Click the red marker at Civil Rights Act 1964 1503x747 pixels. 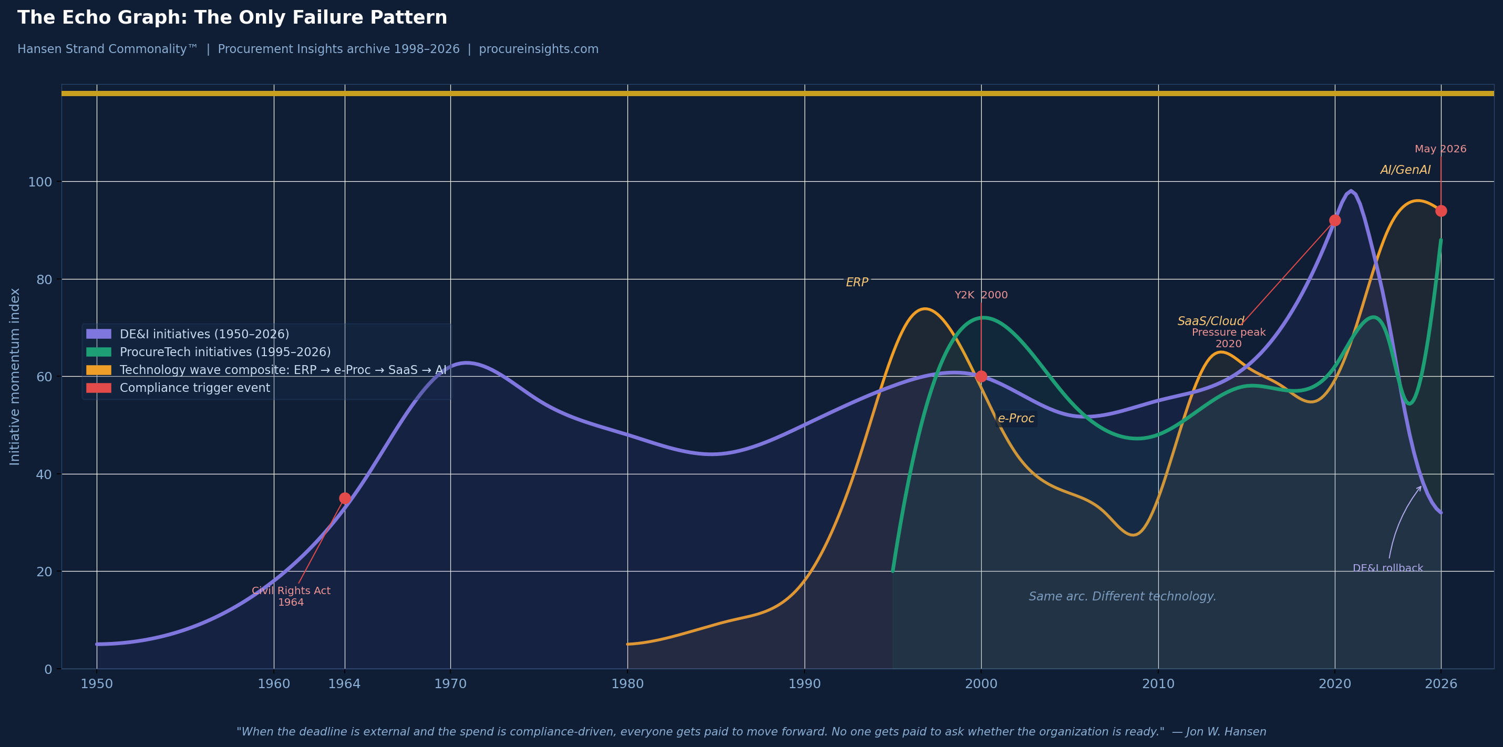(345, 498)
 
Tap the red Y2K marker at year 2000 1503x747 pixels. (981, 376)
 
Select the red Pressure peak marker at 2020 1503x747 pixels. (1335, 221)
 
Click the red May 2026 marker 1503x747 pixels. (1441, 211)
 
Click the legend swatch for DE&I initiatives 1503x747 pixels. (99, 334)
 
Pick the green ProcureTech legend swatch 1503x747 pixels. (99, 352)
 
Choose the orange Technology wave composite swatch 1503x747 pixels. (99, 370)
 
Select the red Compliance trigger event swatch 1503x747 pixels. (99, 388)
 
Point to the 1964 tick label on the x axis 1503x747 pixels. (344, 684)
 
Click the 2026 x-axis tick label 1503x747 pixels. (1440, 684)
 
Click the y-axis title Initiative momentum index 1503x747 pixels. (15, 376)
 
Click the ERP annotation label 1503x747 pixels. (857, 282)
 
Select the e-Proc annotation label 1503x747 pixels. (1016, 418)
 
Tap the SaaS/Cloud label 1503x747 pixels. (1210, 321)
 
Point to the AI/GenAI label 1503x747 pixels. (1405, 170)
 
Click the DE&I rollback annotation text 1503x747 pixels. (1387, 568)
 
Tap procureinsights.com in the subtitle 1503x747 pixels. (539, 49)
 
